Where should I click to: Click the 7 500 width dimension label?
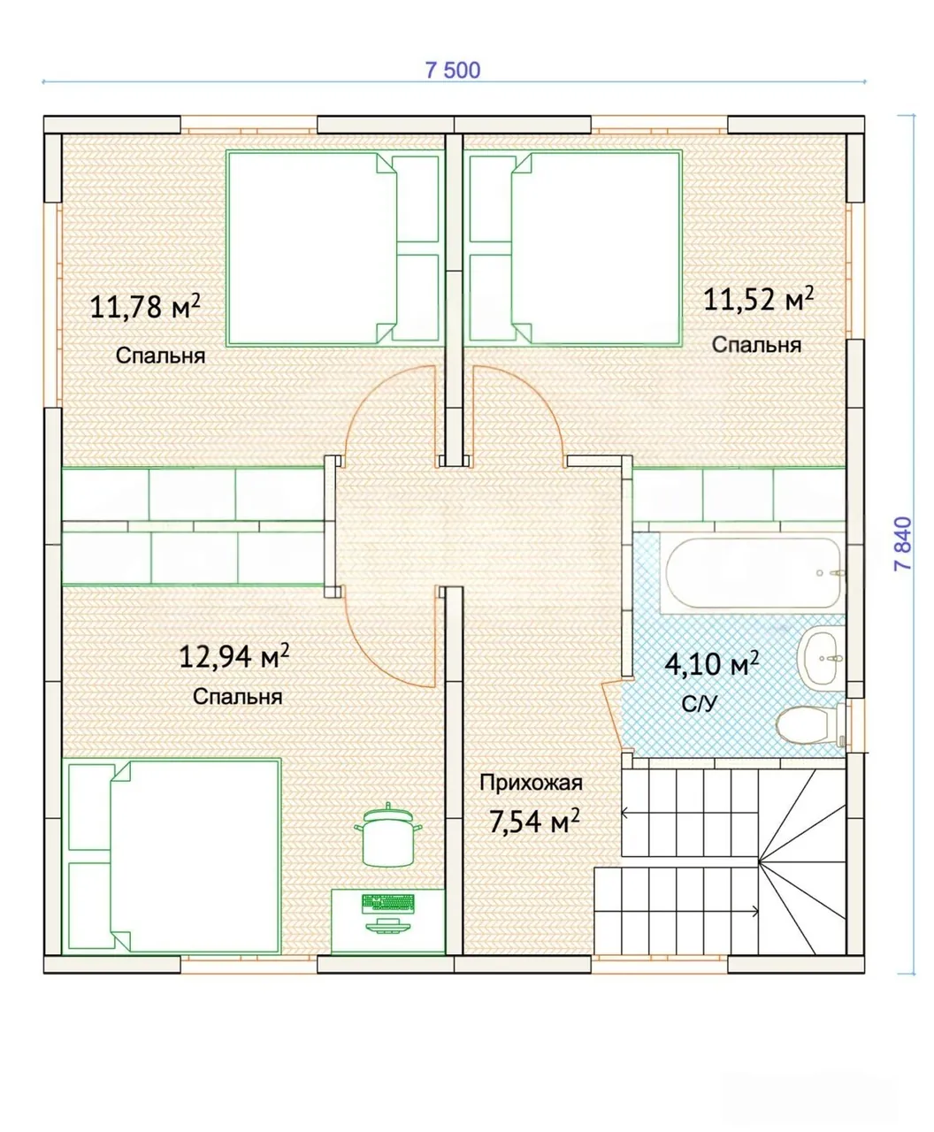pyautogui.click(x=452, y=71)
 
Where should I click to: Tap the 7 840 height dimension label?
pyautogui.click(x=903, y=543)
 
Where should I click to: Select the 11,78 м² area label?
pyautogui.click(x=145, y=306)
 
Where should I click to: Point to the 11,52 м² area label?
pyautogui.click(x=758, y=299)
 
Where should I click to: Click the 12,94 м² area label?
pyautogui.click(x=233, y=656)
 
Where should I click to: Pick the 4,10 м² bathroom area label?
pyautogui.click(x=712, y=664)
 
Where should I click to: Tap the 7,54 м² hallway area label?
pyautogui.click(x=534, y=821)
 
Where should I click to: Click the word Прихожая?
pyautogui.click(x=531, y=783)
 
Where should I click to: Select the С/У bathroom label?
pyautogui.click(x=700, y=704)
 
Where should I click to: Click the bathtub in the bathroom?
pyautogui.click(x=753, y=572)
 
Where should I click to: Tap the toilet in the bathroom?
pyautogui.click(x=810, y=724)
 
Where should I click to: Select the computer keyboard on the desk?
pyautogui.click(x=387, y=902)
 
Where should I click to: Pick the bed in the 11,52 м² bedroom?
pyautogui.click(x=574, y=249)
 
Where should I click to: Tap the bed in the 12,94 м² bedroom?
pyautogui.click(x=172, y=855)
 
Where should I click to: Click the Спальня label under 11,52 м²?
pyautogui.click(x=756, y=345)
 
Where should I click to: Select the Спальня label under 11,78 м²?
pyautogui.click(x=161, y=356)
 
